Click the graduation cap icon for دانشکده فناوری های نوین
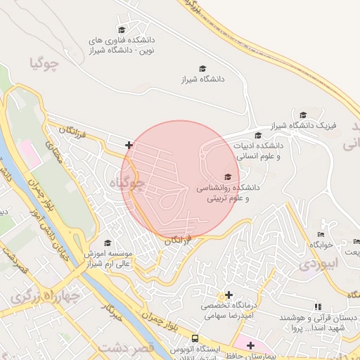(122, 30)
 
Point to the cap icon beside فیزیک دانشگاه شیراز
(303, 115)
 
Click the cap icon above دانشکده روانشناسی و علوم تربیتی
(227, 177)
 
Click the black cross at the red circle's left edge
(129, 146)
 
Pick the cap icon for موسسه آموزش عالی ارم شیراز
(108, 243)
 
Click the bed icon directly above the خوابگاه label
(321, 234)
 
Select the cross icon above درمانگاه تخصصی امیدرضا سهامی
(228, 295)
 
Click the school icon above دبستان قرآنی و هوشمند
(318, 307)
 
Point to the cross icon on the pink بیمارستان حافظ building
(250, 345)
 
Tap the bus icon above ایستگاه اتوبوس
(175, 349)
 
